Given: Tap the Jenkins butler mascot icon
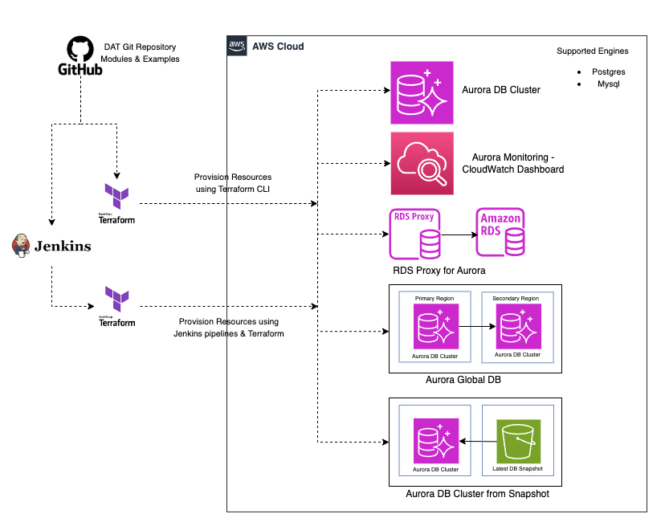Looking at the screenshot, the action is pyautogui.click(x=21, y=246).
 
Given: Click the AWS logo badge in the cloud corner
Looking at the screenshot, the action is pyautogui.click(x=237, y=46).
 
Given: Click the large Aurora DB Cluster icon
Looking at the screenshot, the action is pyautogui.click(x=422, y=92).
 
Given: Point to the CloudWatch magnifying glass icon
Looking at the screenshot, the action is pyautogui.click(x=422, y=163).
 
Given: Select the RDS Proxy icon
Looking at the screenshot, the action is pyautogui.click(x=414, y=234).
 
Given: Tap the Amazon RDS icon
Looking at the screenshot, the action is pyautogui.click(x=500, y=232).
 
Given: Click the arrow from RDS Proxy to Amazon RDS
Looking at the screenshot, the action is pyautogui.click(x=459, y=234).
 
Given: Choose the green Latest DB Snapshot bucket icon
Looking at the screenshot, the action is pyautogui.click(x=518, y=442).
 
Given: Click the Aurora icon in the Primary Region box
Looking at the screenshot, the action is pyautogui.click(x=436, y=326).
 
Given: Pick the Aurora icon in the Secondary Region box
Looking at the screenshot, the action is pyautogui.click(x=519, y=326).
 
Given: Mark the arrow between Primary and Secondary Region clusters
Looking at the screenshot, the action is pyautogui.click(x=478, y=326).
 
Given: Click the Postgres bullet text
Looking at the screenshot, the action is pyautogui.click(x=609, y=71).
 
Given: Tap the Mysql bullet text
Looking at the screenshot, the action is pyautogui.click(x=609, y=84).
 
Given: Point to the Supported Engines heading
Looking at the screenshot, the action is pyautogui.click(x=593, y=51).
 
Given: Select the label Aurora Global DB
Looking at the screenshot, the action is pyautogui.click(x=463, y=380).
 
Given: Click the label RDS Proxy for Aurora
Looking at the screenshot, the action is pyautogui.click(x=439, y=271).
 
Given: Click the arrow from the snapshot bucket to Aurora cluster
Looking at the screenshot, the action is pyautogui.click(x=478, y=442).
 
